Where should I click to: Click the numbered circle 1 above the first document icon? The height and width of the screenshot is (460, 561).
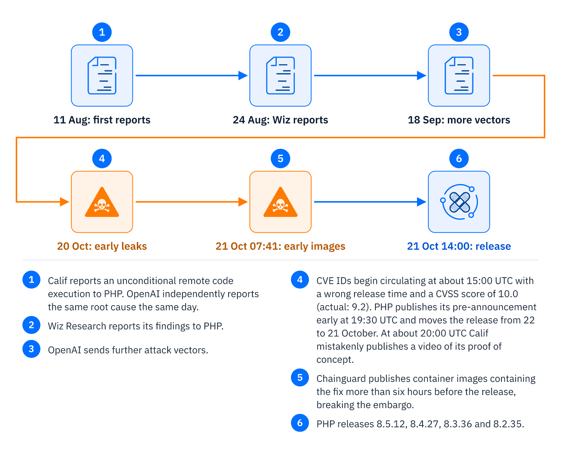coord(102,32)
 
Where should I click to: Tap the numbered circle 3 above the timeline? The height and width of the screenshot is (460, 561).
coord(459,32)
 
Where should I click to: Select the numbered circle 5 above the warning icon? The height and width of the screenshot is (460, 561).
coord(280,159)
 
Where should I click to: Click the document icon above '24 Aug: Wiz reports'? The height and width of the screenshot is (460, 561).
coord(280,76)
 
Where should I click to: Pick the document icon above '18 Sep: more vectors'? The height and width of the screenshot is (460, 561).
coord(459,76)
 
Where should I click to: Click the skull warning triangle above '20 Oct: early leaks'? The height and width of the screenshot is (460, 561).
coord(102,202)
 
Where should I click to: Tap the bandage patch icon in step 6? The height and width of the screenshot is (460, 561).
coord(459,202)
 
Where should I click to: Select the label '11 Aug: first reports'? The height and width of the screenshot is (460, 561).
coord(102,120)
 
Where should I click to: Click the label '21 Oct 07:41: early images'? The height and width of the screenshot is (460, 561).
coord(280,246)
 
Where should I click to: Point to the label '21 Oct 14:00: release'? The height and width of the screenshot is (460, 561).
coord(459,246)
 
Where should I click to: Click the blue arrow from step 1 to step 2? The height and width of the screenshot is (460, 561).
coord(191,76)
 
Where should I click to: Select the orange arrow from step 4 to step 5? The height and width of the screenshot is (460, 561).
coord(191,202)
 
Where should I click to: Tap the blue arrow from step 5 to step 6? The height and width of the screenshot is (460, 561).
coord(370,202)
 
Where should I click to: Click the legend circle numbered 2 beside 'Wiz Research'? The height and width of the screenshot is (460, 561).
coord(31,325)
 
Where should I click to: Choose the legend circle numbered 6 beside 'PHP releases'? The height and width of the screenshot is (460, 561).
coord(300,423)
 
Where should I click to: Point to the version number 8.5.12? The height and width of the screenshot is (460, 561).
coord(392,424)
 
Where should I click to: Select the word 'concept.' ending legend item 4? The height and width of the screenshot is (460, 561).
coord(335,360)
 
